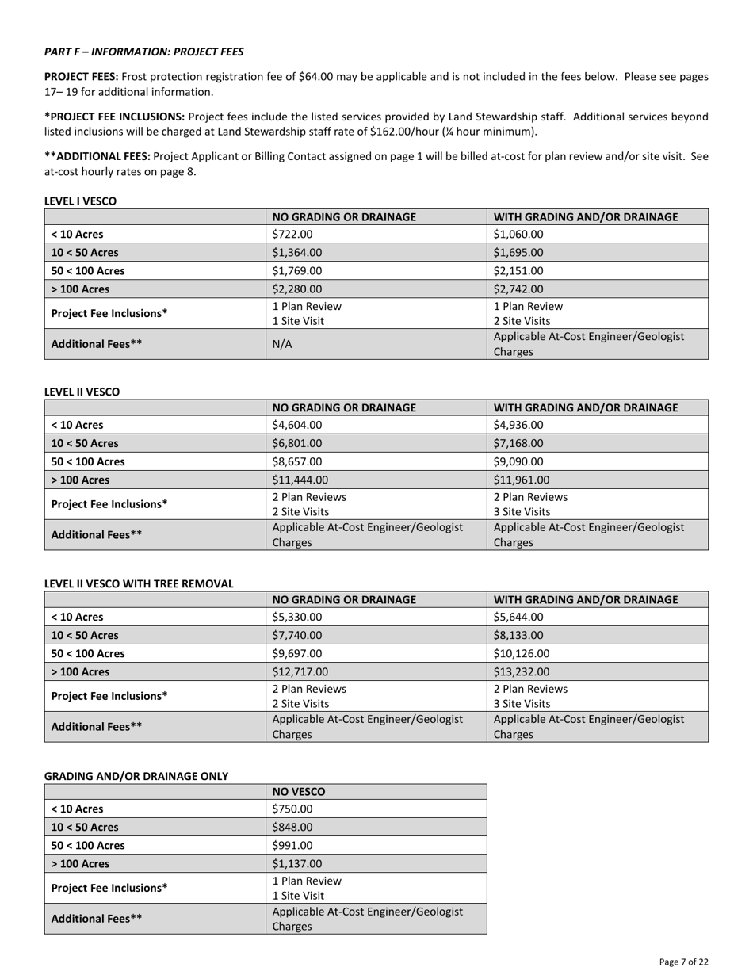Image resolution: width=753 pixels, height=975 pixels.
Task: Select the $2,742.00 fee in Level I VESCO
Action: coord(518,289)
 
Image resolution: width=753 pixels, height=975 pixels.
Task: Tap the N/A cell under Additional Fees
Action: coord(283,344)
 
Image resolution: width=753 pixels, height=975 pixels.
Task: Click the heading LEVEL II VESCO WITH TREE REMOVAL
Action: coord(139,583)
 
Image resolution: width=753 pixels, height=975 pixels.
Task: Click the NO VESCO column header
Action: coord(299,791)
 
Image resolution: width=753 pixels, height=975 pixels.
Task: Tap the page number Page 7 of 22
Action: coord(683,962)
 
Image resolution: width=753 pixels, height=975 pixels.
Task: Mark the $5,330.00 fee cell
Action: coord(296,617)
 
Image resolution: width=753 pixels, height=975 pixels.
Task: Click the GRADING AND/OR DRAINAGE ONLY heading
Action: coord(136,776)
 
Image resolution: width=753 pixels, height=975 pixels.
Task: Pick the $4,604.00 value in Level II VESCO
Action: coord(296,425)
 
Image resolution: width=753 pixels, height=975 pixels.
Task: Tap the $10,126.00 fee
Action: coord(521,653)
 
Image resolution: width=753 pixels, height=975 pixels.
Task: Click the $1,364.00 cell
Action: coord(296,253)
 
